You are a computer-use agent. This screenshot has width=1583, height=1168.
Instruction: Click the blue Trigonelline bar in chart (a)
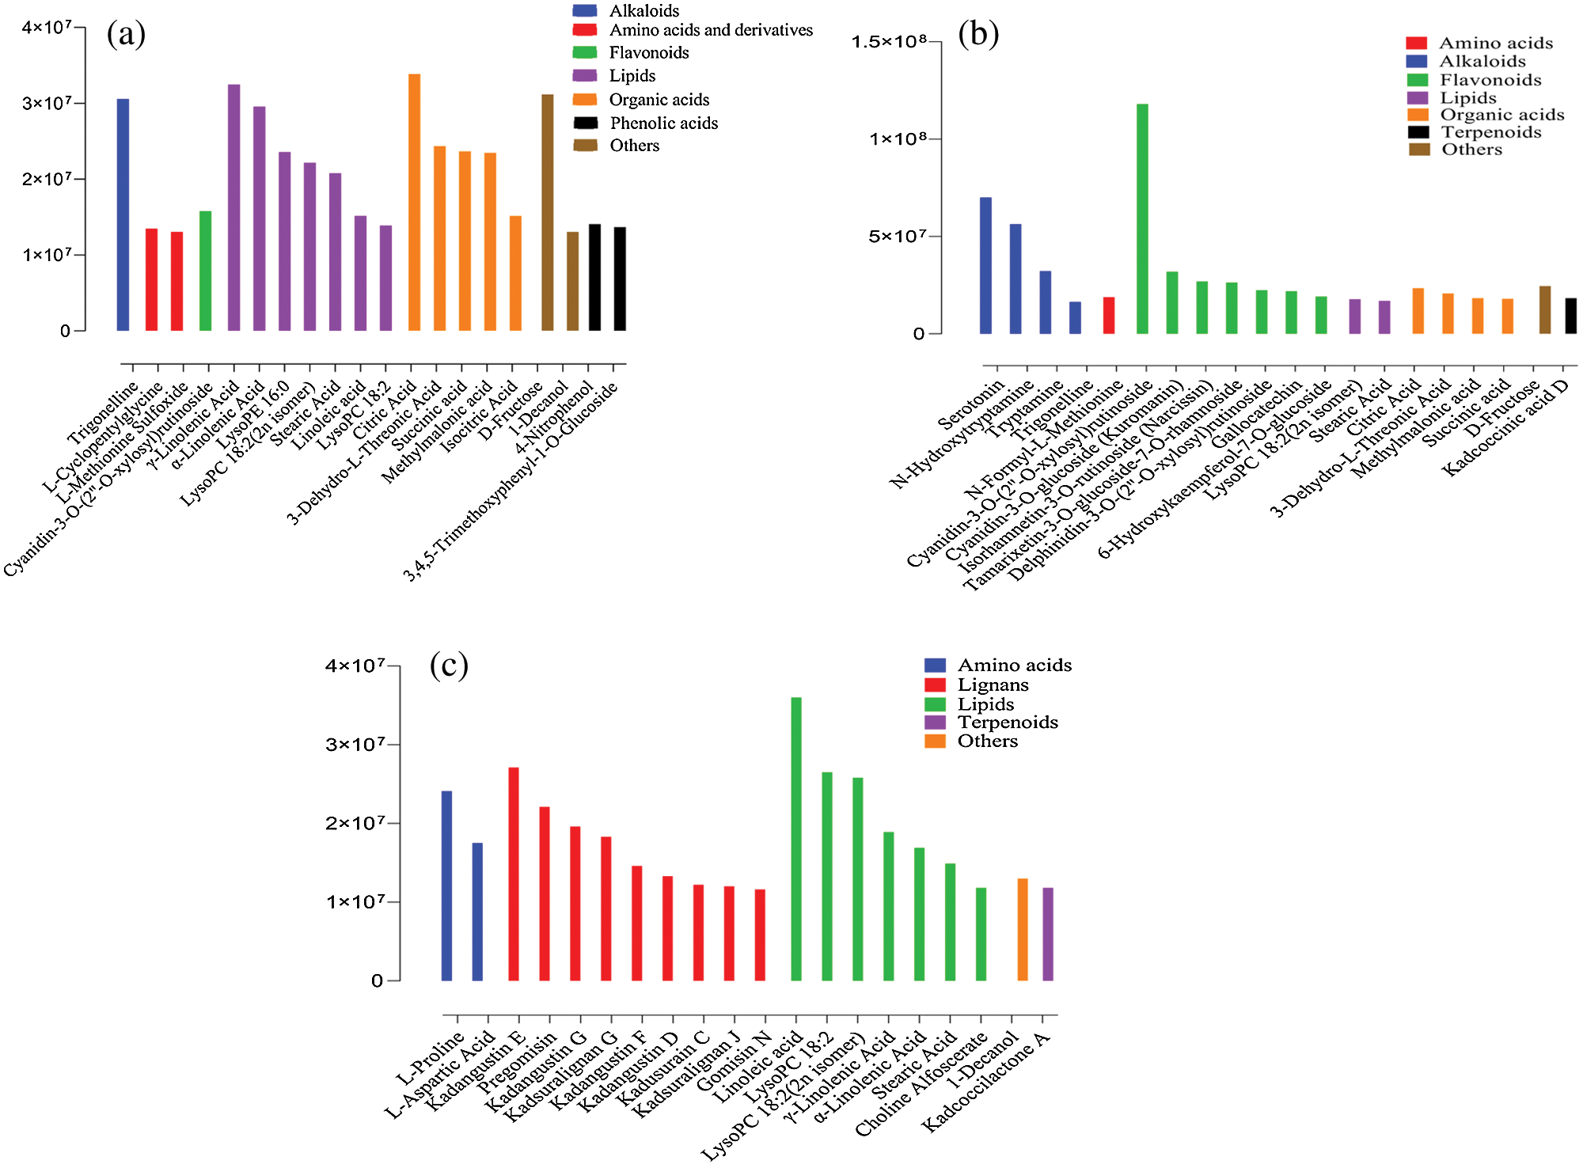coord(123,214)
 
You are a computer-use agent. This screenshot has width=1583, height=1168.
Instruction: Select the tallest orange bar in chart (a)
coord(414,202)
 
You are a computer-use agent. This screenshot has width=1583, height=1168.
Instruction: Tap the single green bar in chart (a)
coord(205,271)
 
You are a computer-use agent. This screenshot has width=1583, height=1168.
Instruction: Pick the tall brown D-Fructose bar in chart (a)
coord(547,212)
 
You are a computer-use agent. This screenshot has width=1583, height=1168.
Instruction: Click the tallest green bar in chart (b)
coord(1142,218)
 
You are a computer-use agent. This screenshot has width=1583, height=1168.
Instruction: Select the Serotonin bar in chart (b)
coord(985,265)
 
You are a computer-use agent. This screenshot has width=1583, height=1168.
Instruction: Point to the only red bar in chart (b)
coord(1109,315)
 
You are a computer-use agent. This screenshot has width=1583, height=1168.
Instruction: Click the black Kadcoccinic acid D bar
coord(1570,316)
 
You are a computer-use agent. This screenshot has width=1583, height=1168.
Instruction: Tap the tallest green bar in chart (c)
coord(796,839)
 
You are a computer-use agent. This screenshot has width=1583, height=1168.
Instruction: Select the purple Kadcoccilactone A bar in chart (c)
coord(1048,934)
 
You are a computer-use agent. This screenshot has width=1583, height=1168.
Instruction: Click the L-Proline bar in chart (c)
coord(446,885)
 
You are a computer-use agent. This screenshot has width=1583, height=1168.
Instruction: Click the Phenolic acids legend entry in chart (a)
coord(663,123)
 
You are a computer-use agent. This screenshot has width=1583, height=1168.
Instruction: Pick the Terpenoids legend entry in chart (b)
coord(1490,132)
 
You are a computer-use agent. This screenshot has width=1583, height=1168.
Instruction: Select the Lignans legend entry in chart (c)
coord(993,684)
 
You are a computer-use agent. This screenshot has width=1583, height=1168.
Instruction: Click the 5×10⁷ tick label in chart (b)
coord(897,236)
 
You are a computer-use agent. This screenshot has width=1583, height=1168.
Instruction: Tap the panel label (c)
coord(449,665)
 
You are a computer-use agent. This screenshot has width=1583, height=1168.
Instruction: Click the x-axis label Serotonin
coord(970,405)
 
